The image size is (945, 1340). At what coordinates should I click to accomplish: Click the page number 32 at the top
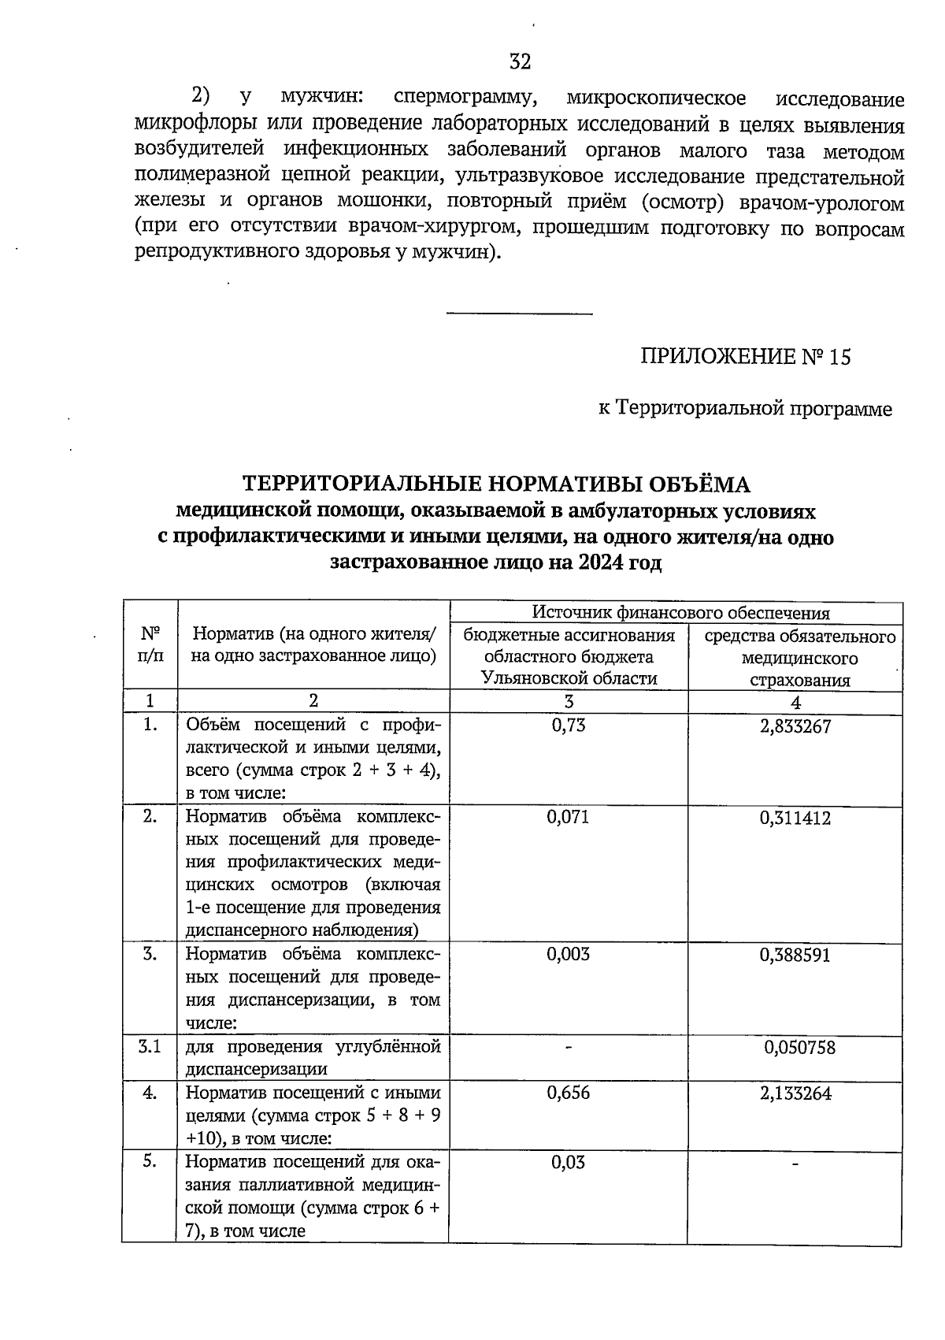[520, 61]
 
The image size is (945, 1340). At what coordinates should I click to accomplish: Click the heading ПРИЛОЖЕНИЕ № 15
[745, 358]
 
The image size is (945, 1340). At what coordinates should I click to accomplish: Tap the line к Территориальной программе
[744, 409]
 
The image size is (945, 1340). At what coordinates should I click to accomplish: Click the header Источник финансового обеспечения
[680, 612]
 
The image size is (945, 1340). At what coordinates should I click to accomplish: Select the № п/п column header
[150, 644]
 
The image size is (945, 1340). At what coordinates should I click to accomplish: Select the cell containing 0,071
[569, 817]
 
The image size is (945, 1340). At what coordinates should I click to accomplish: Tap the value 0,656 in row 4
[569, 1093]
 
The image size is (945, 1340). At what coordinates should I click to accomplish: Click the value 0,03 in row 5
[569, 1163]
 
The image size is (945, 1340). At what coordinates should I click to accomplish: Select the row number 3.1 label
[150, 1047]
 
